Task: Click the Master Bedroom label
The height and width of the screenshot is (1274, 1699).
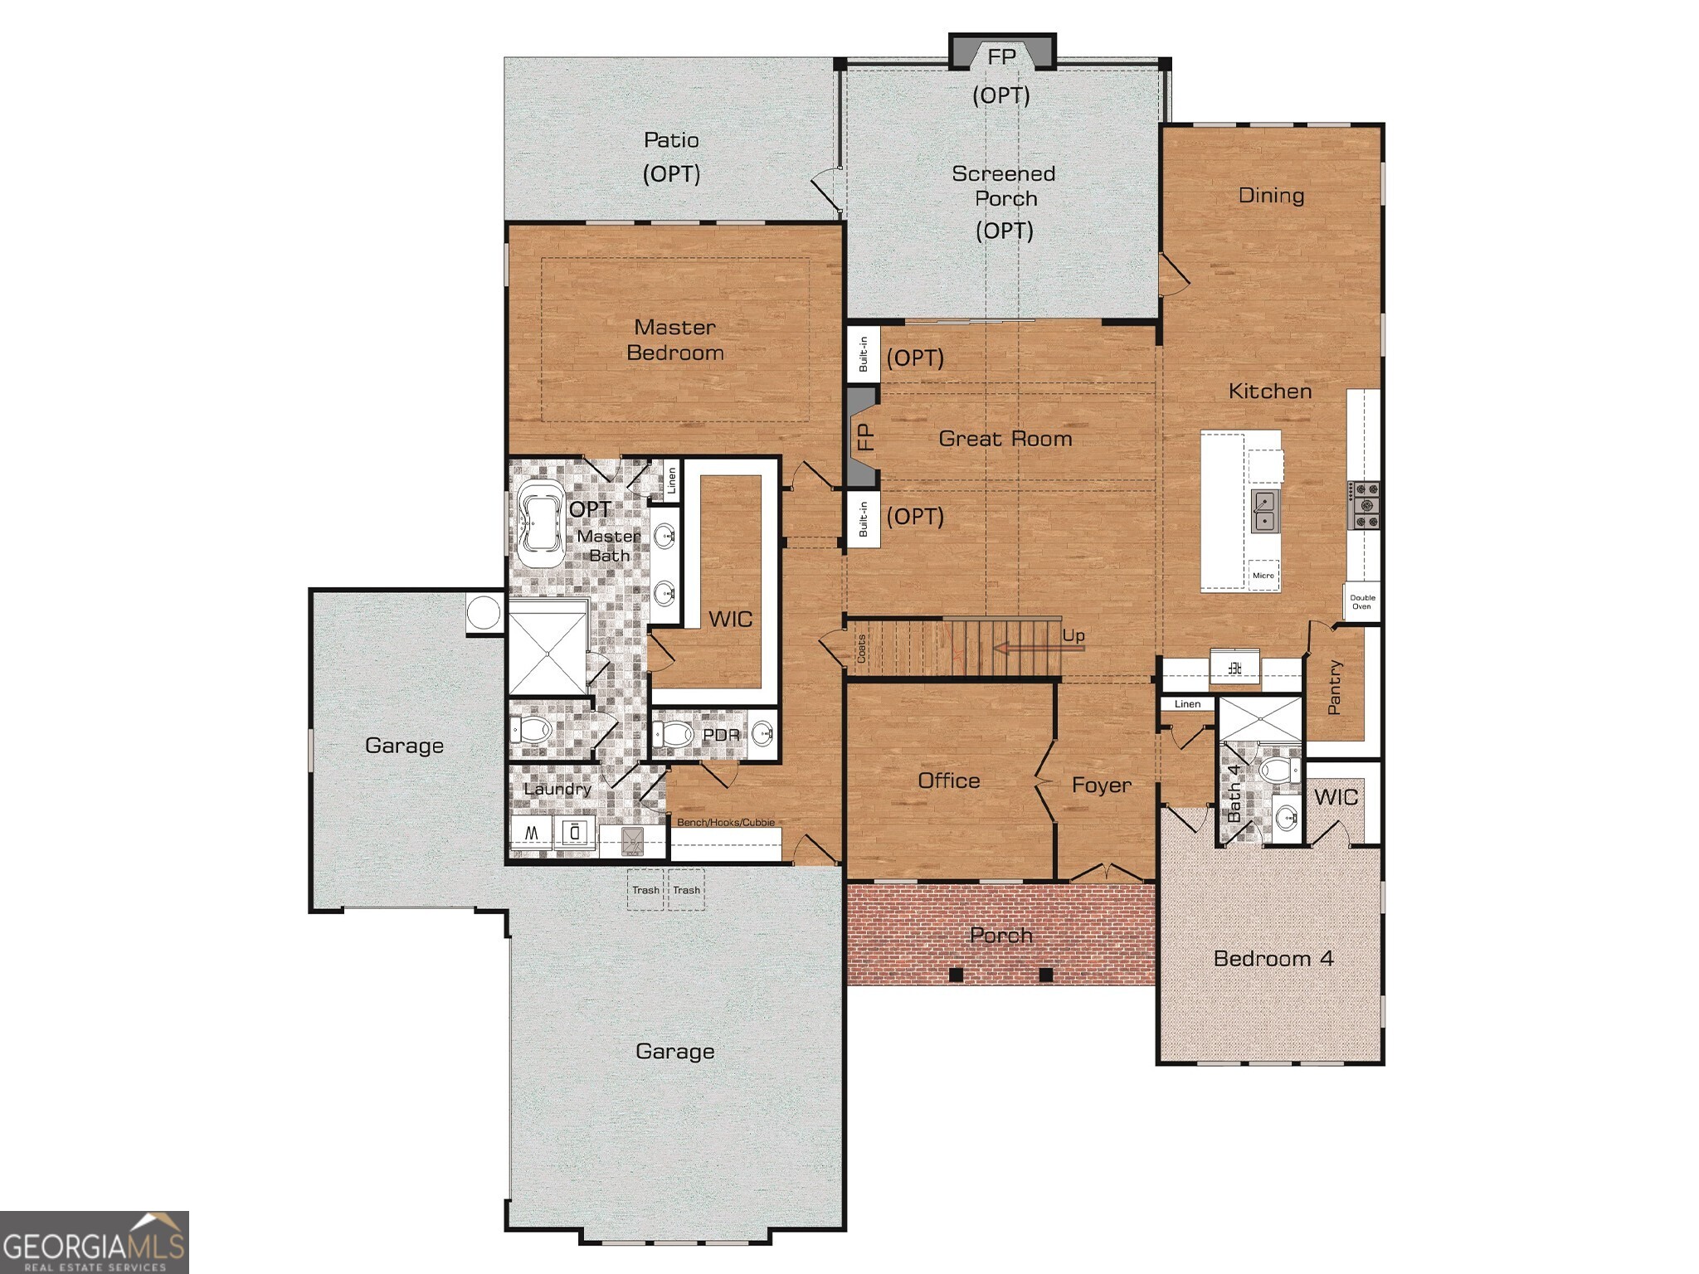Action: [674, 340]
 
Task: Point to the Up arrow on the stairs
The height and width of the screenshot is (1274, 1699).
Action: [1037, 648]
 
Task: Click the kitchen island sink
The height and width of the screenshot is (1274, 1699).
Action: [1264, 510]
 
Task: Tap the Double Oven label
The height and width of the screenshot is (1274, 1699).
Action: [1361, 602]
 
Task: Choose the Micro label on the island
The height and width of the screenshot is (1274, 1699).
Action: [1263, 575]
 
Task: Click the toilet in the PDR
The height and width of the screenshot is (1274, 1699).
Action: [674, 734]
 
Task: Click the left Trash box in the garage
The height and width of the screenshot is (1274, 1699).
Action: [645, 890]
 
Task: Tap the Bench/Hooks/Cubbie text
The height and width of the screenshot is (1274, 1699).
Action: [725, 822]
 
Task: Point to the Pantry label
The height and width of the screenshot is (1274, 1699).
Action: [1334, 687]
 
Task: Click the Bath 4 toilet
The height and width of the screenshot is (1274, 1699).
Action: [1278, 770]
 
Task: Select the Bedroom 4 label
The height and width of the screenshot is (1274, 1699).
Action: [1273, 958]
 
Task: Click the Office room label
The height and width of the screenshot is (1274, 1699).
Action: [948, 780]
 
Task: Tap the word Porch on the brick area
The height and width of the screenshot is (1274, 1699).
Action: [1000, 936]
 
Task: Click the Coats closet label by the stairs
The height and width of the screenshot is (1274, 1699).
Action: [861, 649]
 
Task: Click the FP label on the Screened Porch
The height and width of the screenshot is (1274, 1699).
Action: [1001, 56]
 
